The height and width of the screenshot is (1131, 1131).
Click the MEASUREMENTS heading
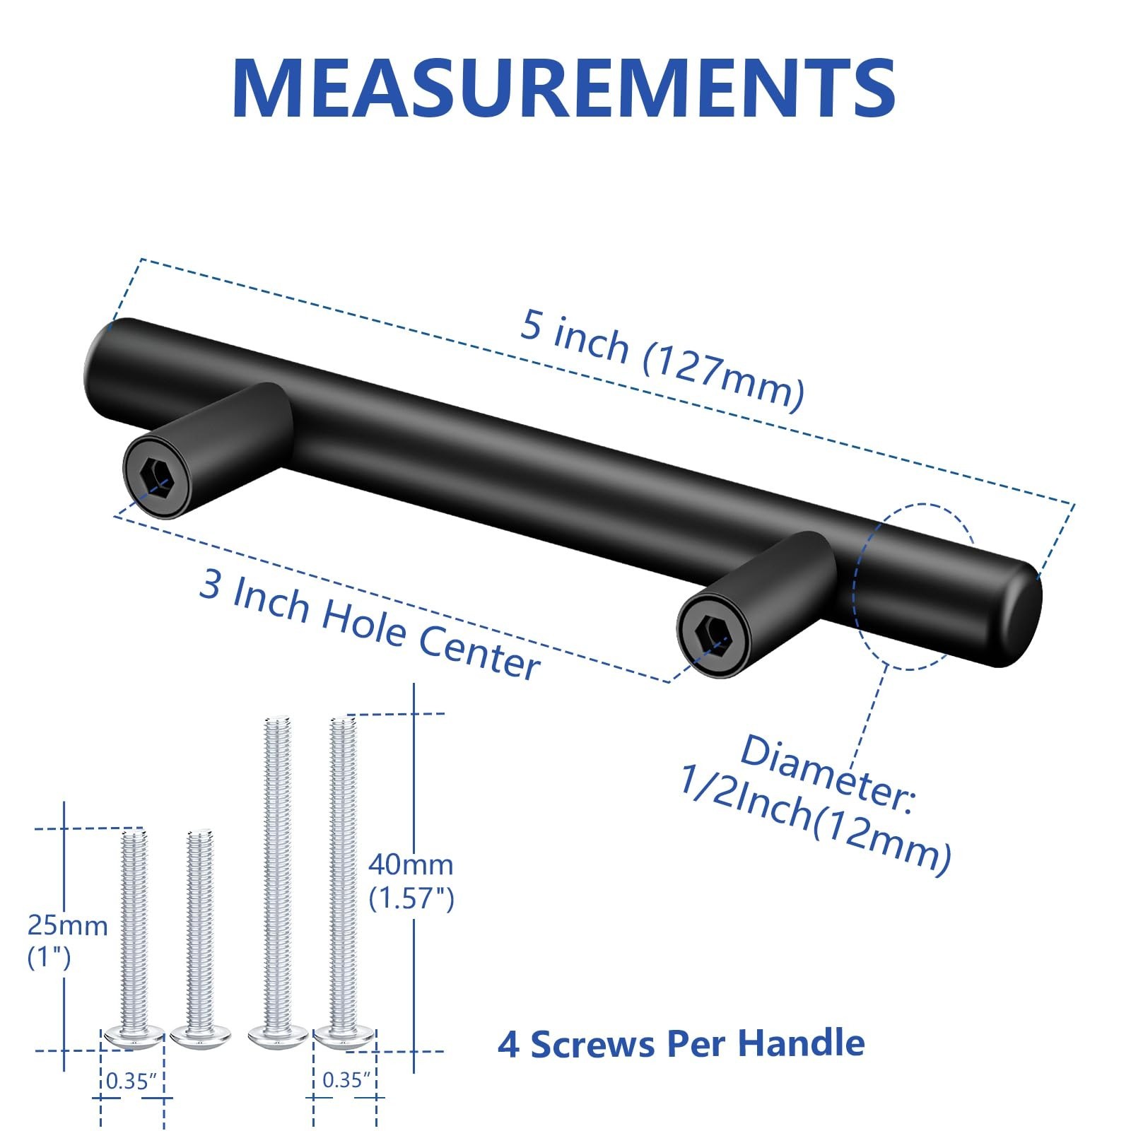click(563, 88)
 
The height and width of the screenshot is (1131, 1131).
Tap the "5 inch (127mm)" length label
click(662, 359)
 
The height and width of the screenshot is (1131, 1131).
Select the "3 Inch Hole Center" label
click(369, 625)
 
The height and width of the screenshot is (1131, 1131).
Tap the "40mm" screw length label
click(411, 865)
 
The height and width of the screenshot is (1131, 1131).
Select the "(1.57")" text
click(411, 898)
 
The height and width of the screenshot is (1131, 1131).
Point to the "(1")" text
click(49, 958)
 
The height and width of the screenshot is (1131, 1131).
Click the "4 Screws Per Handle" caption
click(681, 1043)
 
